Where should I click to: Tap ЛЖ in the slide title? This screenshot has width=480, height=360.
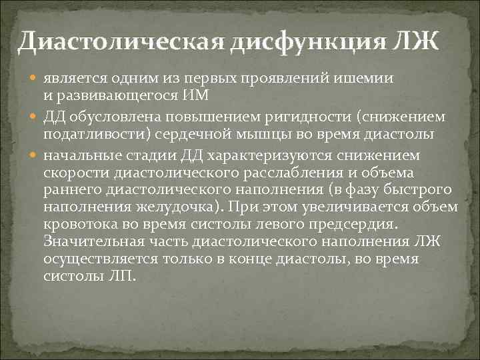(x=418, y=42)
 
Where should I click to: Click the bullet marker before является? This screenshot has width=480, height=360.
(x=33, y=77)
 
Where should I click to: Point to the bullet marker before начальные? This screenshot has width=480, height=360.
(x=33, y=155)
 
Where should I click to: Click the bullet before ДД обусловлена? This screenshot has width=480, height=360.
(x=33, y=117)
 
